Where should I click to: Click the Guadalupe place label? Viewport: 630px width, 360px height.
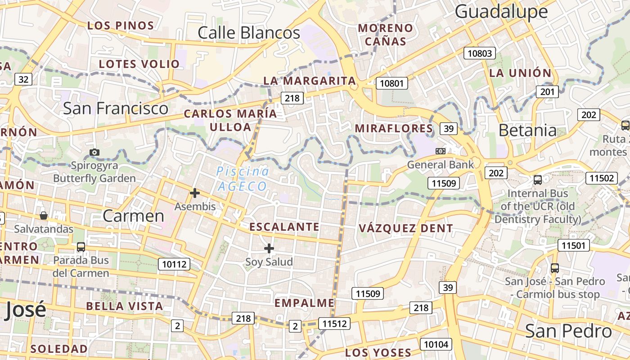(x=501, y=12)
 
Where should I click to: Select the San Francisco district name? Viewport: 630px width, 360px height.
(x=115, y=108)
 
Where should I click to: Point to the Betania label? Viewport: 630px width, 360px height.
(x=527, y=130)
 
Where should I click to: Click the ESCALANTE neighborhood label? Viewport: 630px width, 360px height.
(x=284, y=227)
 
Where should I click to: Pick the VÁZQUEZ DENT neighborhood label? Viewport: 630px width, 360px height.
(x=405, y=229)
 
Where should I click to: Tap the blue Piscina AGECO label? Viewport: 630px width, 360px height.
(x=243, y=179)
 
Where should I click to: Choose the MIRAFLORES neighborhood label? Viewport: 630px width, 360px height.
(x=394, y=129)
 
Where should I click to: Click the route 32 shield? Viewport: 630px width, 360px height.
(x=23, y=80)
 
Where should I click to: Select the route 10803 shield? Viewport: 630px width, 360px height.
(x=480, y=54)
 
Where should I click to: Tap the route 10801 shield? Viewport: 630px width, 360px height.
(x=393, y=83)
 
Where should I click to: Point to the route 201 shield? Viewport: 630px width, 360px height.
(x=547, y=92)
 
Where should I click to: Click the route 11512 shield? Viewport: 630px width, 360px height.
(x=334, y=323)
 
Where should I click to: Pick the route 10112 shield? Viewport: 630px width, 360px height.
(x=174, y=264)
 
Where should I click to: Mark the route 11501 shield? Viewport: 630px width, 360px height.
(x=573, y=245)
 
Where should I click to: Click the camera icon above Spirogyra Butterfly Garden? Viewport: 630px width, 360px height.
(x=94, y=152)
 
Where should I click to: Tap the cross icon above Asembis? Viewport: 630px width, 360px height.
(x=195, y=193)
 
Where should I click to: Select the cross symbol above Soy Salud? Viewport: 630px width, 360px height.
(x=269, y=248)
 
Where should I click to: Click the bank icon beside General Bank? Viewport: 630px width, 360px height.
(x=441, y=151)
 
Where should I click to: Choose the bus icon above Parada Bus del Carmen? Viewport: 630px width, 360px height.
(x=81, y=247)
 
